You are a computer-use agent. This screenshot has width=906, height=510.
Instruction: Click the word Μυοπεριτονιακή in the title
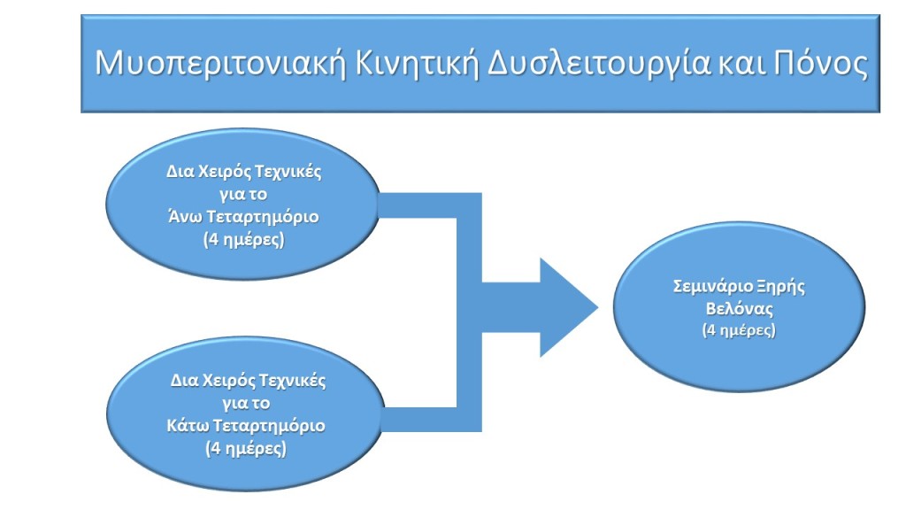pyautogui.click(x=219, y=64)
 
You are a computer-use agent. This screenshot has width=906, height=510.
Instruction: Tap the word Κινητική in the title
pyautogui.click(x=418, y=63)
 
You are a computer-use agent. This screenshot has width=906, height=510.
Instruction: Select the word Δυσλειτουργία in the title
pyautogui.click(x=599, y=64)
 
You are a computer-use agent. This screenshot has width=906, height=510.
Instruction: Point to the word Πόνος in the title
pyautogui.click(x=820, y=63)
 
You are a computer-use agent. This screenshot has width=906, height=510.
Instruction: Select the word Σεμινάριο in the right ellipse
pyautogui.click(x=713, y=287)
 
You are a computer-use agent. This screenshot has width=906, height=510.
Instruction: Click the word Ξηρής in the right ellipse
pyautogui.click(x=781, y=287)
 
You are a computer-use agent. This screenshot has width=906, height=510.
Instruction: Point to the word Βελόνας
pyautogui.click(x=739, y=309)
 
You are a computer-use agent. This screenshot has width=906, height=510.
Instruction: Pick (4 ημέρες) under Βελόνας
pyautogui.click(x=739, y=331)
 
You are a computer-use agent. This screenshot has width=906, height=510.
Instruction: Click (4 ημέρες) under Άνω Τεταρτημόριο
pyautogui.click(x=244, y=239)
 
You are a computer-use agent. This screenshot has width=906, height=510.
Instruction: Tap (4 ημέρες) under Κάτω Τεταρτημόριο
pyautogui.click(x=246, y=449)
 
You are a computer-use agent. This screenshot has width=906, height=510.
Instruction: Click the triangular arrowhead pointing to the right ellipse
pyautogui.click(x=569, y=307)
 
